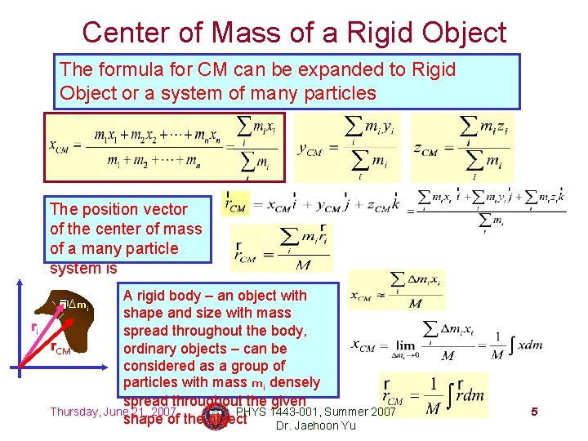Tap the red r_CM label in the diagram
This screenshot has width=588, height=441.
point(60,349)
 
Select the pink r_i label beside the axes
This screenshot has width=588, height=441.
point(34,327)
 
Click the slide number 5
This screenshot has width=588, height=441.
point(533,412)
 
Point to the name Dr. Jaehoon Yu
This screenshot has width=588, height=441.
point(316,425)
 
